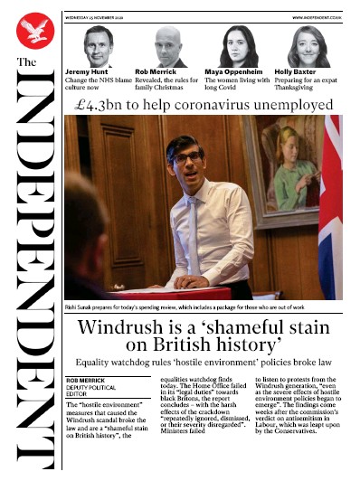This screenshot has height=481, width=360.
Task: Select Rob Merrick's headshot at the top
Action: point(166,45)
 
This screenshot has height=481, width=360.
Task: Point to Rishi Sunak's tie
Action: point(193,235)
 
